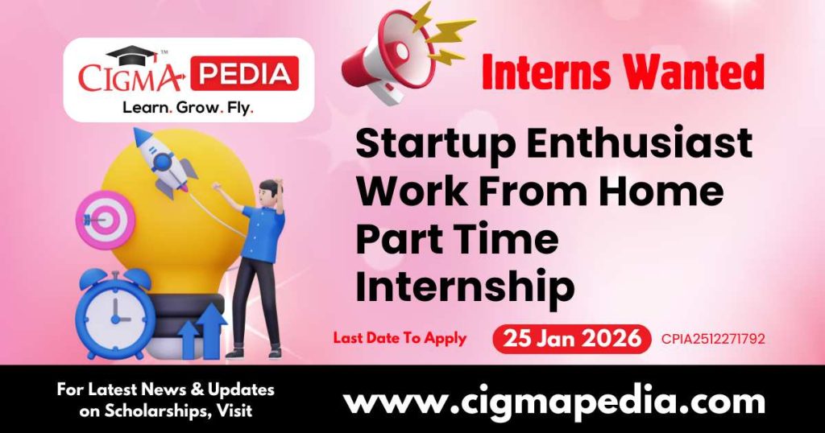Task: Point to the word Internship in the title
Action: click(465, 287)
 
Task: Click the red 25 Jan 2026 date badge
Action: click(571, 339)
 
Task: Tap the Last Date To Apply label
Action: click(400, 338)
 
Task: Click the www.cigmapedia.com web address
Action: click(554, 401)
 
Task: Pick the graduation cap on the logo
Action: click(133, 56)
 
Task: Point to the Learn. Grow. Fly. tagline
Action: click(184, 106)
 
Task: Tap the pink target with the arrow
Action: click(105, 219)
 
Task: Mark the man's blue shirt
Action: click(263, 233)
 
